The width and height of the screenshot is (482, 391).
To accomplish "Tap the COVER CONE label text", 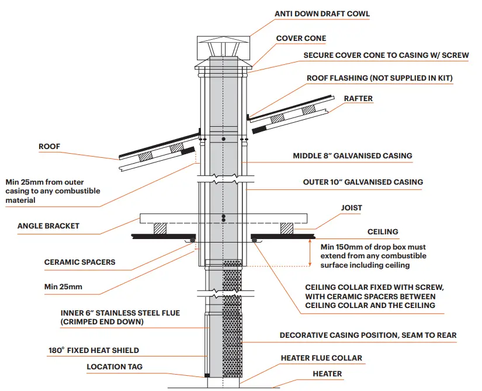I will (x=301, y=39).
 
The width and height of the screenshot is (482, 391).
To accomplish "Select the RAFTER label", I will (x=358, y=99).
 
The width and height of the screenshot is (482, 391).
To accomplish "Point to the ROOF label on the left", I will (x=49, y=147).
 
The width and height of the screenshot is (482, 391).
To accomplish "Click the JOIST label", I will (x=351, y=207).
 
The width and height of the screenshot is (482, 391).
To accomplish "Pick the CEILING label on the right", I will (x=383, y=232).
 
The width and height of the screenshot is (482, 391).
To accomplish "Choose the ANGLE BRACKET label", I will (x=48, y=226).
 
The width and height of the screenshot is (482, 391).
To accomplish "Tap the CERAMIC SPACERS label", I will (x=79, y=262).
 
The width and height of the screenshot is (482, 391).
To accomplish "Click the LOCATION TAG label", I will (x=115, y=367).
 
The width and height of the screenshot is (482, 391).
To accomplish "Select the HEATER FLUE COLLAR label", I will (x=321, y=358).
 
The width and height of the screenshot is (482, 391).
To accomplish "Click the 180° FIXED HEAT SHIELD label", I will (x=93, y=351).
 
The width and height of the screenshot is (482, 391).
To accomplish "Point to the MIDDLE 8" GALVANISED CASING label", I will (x=352, y=156).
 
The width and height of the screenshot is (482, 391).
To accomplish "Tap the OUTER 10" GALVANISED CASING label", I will (x=363, y=182).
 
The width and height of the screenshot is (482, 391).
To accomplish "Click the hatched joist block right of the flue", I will (x=286, y=228).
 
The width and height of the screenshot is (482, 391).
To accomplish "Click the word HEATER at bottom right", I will (x=327, y=373).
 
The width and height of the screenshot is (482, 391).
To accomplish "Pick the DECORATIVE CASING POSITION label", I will (x=368, y=335).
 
